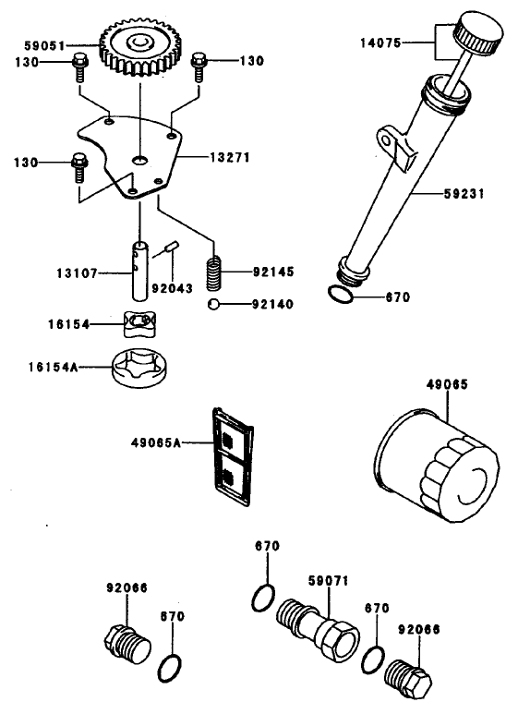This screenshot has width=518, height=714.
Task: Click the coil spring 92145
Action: (x=215, y=272)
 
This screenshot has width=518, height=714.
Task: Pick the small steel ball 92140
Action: (x=213, y=304)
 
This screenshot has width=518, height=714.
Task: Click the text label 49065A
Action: (x=158, y=442)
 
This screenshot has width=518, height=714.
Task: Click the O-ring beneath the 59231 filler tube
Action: (x=340, y=295)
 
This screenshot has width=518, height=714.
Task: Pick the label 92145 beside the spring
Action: (x=275, y=272)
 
